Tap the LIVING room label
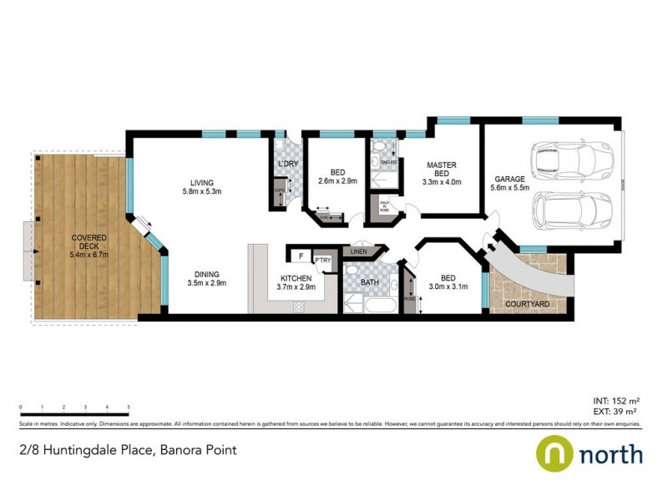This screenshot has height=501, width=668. coord(202,183)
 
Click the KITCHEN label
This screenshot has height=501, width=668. coord(296,277)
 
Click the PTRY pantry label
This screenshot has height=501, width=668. coord(323,260)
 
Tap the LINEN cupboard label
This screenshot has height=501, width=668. coord(359,250)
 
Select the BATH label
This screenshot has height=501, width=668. coord(370,283)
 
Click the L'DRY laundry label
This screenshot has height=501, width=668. coord(287,164)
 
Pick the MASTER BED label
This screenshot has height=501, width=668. coord(441,170)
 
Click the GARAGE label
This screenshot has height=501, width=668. coord(509,179)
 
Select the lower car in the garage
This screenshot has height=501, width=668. coord(574,210)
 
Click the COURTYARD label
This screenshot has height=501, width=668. coord(529,305)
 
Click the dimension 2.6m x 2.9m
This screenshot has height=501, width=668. coord(337,180)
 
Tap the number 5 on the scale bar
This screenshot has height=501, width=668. coord(129,407)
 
